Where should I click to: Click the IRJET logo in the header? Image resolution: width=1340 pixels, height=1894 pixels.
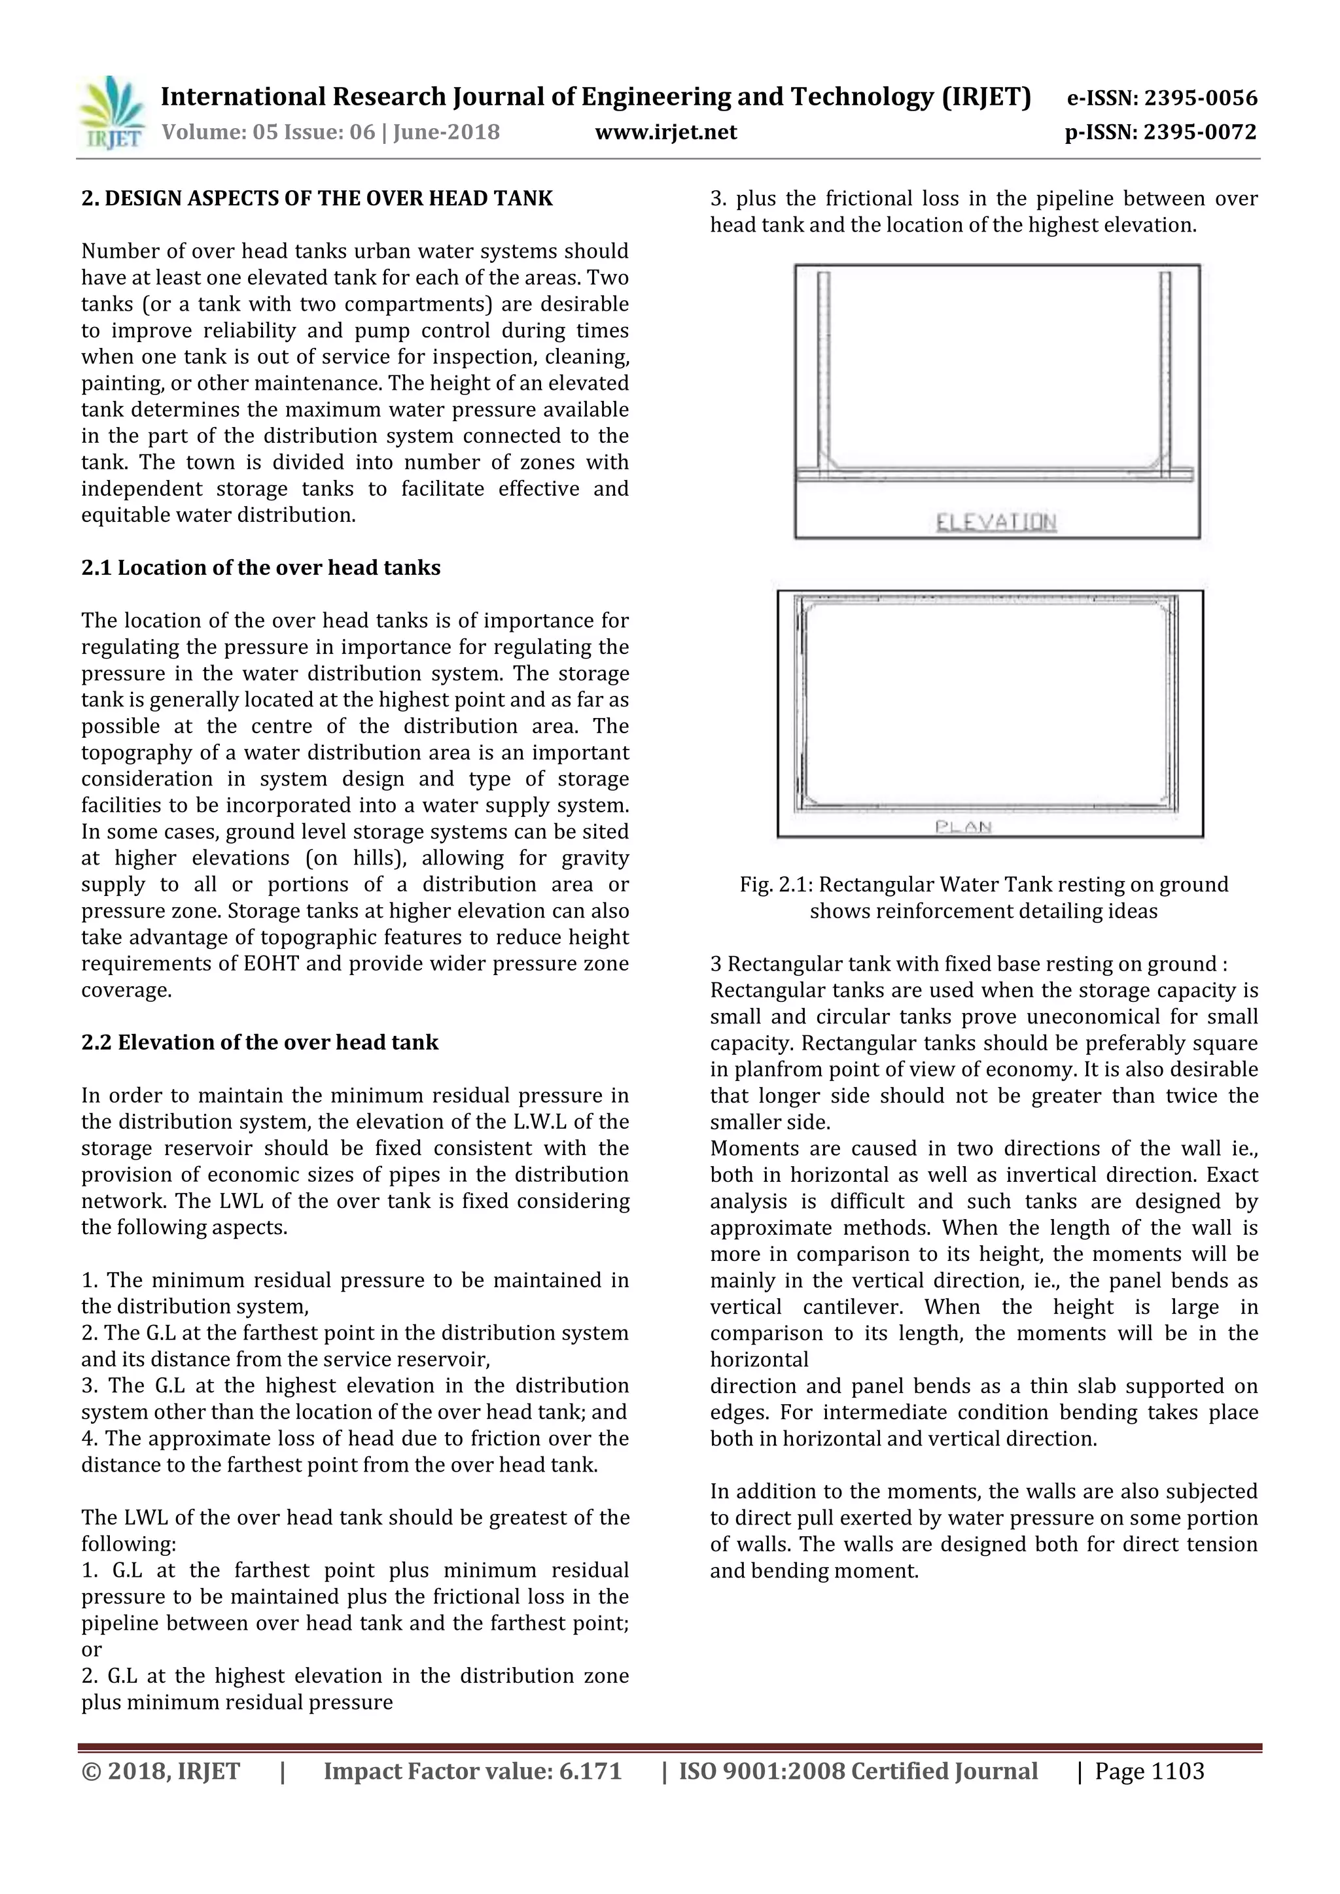pos(111,114)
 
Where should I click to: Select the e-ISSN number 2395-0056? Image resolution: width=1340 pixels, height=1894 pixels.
pos(1201,98)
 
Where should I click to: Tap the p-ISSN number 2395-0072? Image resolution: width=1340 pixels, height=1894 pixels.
pos(1201,132)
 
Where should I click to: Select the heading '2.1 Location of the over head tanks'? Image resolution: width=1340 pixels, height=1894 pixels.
pos(261,568)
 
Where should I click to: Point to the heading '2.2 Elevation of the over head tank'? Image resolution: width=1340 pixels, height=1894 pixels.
pos(260,1042)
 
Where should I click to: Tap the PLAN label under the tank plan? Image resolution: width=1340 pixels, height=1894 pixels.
pos(963,827)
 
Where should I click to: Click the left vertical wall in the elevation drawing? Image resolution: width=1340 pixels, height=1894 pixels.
pos(824,371)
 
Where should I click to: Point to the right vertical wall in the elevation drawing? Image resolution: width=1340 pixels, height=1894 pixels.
pos(1165,371)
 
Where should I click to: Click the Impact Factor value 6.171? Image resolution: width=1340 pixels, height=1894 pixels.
pos(588,1771)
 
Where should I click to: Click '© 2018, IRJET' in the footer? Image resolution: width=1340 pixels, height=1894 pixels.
pos(161,1771)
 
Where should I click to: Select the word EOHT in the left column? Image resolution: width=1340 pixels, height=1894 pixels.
pos(272,963)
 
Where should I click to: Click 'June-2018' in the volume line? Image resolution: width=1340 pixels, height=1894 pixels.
pos(446,132)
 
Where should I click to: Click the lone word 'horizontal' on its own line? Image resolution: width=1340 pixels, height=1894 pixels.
pos(759,1360)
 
